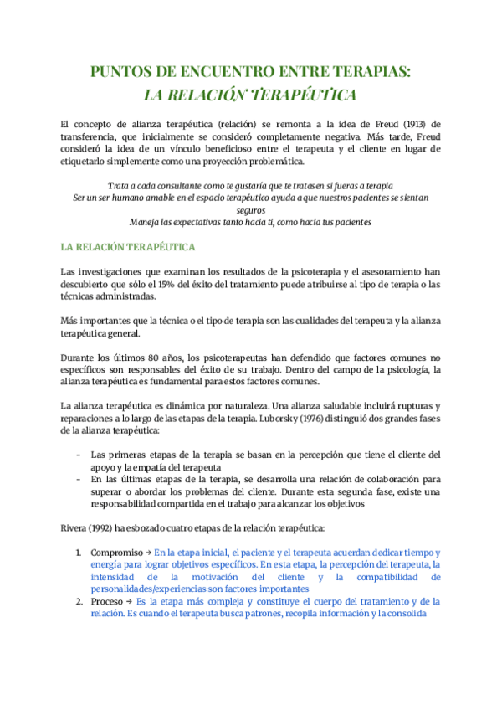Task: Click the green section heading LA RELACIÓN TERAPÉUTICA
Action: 128,248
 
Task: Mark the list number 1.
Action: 79,553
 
